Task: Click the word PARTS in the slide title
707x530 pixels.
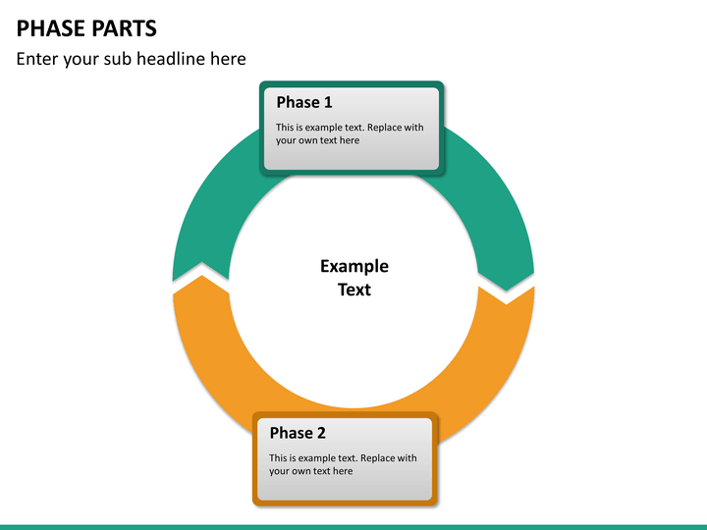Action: (123, 27)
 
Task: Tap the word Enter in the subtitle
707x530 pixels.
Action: (38, 59)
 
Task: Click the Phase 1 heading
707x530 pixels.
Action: (303, 102)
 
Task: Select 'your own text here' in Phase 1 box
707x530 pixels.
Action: (317, 140)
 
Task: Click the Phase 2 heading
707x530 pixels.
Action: (298, 433)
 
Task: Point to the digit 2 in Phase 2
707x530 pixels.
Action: (321, 433)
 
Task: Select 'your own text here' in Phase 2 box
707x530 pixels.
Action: (310, 471)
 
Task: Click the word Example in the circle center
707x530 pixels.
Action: (353, 266)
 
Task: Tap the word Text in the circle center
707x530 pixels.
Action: (353, 290)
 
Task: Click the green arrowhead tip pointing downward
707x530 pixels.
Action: (507, 288)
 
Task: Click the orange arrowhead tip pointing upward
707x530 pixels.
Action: (200, 279)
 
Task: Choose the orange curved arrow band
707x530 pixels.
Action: (491, 373)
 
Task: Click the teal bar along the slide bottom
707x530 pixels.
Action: (353, 527)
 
